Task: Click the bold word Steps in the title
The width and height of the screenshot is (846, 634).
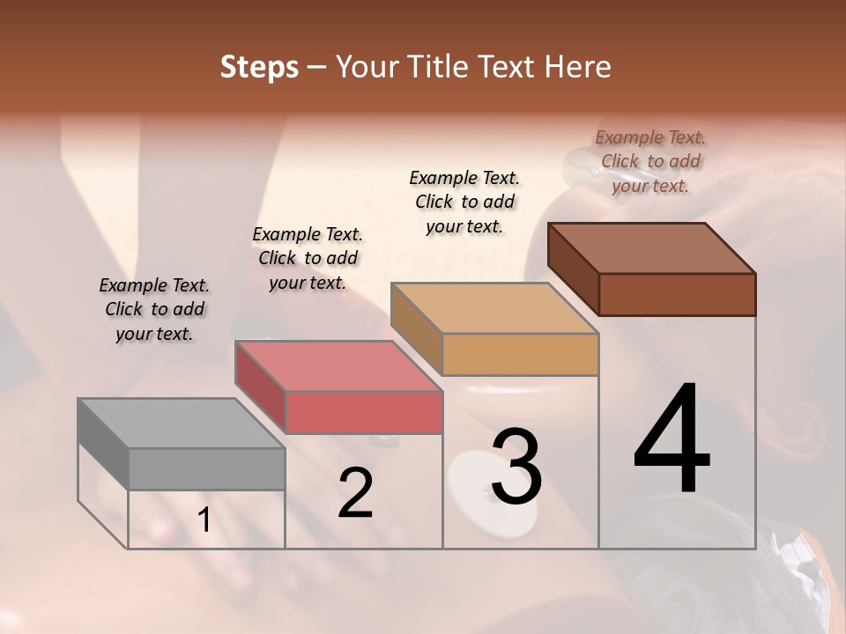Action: (x=259, y=67)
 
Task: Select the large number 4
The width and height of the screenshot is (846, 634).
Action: (x=672, y=440)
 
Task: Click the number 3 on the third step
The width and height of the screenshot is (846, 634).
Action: (x=516, y=467)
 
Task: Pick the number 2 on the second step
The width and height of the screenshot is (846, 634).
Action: (x=355, y=493)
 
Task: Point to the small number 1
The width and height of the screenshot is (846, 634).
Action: (x=204, y=520)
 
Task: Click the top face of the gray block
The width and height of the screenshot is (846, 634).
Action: (x=181, y=423)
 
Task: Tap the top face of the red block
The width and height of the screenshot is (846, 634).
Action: (x=338, y=365)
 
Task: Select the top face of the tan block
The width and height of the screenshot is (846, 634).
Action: (x=494, y=307)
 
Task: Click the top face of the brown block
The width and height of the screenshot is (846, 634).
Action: (x=651, y=247)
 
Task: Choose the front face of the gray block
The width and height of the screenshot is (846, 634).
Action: (x=207, y=468)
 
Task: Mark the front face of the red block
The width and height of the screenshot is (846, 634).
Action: (x=364, y=412)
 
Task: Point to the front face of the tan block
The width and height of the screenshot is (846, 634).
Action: (x=520, y=354)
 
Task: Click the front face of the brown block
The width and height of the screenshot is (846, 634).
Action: (x=677, y=294)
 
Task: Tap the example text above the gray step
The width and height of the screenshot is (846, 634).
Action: (x=154, y=309)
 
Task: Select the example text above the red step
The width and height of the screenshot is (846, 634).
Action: (x=308, y=258)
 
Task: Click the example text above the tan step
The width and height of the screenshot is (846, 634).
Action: (x=464, y=202)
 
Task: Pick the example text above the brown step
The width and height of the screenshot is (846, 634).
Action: (x=650, y=161)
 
